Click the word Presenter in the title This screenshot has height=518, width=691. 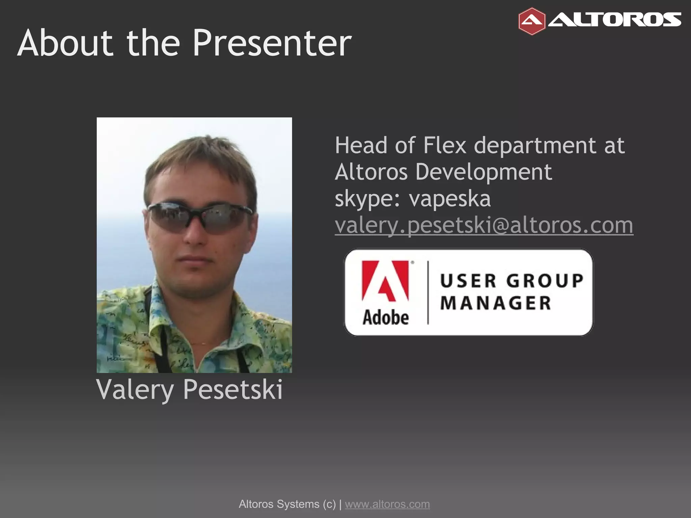(x=272, y=43)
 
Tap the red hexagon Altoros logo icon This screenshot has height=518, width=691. (x=532, y=21)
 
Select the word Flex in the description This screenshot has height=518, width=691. (x=445, y=146)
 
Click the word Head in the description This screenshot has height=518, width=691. (x=361, y=146)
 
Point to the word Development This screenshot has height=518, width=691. (x=483, y=172)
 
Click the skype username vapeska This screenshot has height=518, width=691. (x=450, y=199)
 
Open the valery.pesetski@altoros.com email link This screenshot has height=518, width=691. (x=484, y=225)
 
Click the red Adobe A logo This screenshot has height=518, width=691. (x=385, y=281)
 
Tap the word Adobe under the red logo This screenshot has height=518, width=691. (x=386, y=318)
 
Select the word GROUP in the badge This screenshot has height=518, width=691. (x=545, y=281)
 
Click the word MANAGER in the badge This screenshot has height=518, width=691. (x=496, y=303)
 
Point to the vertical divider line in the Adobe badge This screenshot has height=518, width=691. (x=428, y=292)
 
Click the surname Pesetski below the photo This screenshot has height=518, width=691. (x=233, y=390)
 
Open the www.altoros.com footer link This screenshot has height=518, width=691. (x=387, y=504)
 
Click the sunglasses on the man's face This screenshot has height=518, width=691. (x=200, y=218)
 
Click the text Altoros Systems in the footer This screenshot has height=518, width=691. (x=279, y=504)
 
